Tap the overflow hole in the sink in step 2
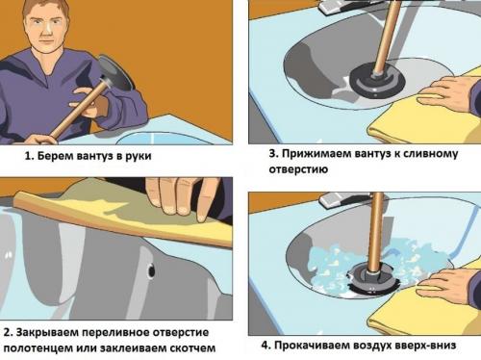pos(152,272)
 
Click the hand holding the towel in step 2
pos(179,197)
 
